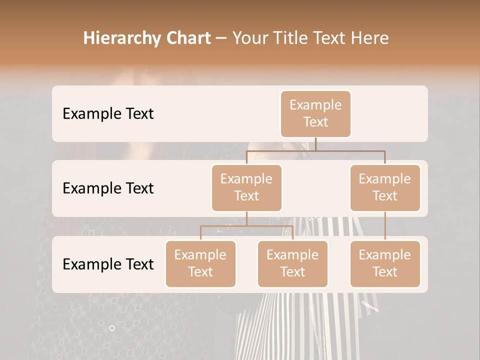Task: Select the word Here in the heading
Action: tap(370, 38)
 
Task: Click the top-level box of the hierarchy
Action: tap(315, 114)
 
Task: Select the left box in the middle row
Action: tap(246, 188)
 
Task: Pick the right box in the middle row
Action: tap(385, 188)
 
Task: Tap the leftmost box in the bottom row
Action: tap(200, 264)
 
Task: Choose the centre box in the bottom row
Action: tap(292, 264)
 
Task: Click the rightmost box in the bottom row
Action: tap(385, 264)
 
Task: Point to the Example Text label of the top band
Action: tap(108, 114)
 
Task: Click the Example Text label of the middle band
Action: tap(108, 188)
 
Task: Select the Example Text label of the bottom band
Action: tap(108, 264)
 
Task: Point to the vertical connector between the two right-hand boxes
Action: tap(385, 226)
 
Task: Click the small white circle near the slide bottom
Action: tap(112, 328)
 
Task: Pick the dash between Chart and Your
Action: tap(221, 38)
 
